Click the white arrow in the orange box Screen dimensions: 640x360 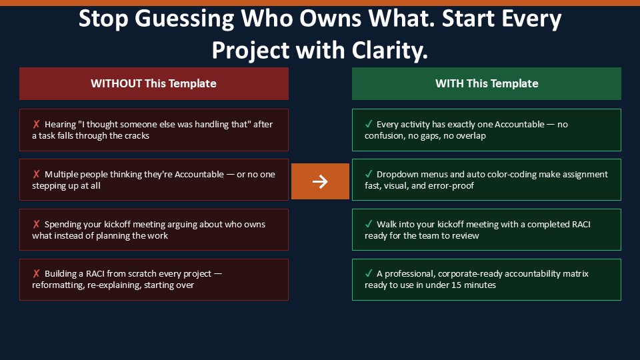[x=320, y=181]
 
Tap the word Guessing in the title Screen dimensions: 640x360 [x=184, y=19]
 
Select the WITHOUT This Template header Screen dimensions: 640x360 [x=154, y=84]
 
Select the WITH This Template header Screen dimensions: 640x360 [x=487, y=84]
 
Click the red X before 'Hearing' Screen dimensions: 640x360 [x=36, y=124]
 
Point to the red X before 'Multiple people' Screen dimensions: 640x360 [x=36, y=174]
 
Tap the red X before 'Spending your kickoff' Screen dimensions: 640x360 [x=36, y=224]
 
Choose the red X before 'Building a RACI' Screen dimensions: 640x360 [x=36, y=273]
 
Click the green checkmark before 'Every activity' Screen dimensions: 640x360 [x=369, y=124]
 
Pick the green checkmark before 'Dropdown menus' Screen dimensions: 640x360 [x=369, y=174]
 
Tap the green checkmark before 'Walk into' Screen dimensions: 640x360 [x=369, y=224]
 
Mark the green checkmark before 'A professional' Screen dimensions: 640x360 [x=369, y=273]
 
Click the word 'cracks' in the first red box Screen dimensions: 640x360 [x=137, y=136]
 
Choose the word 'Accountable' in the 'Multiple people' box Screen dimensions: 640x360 [x=199, y=175]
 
